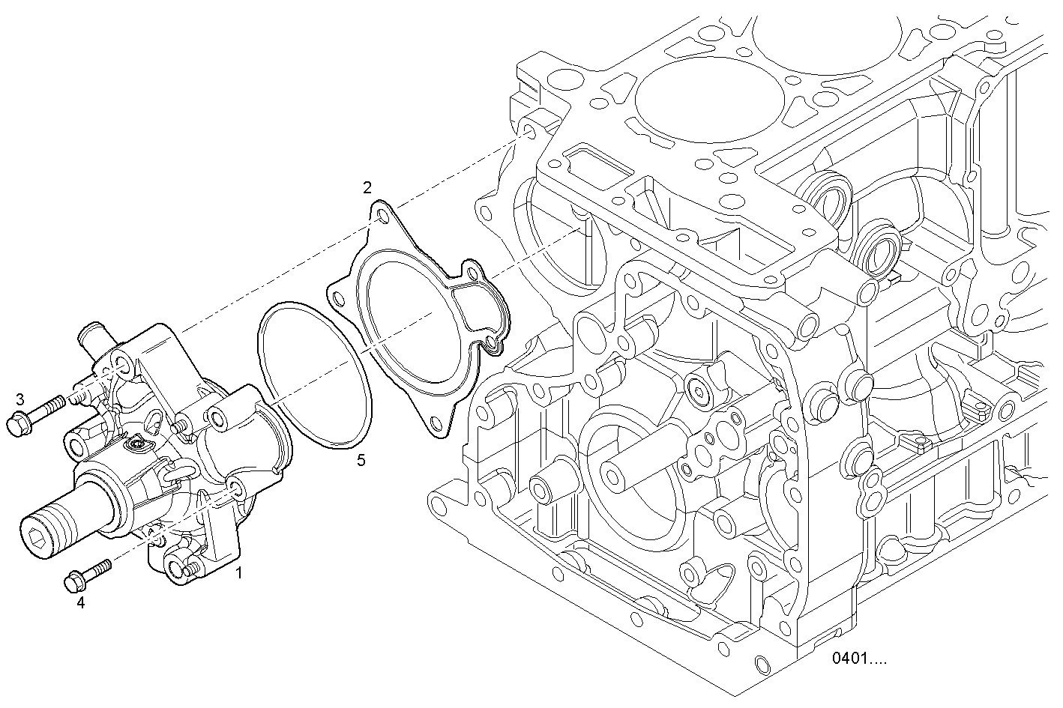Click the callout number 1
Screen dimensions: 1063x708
point(239,573)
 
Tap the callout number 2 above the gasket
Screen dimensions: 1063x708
point(367,188)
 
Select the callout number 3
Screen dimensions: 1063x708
point(20,399)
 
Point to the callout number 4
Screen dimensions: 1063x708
point(81,602)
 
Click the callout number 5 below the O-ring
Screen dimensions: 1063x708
point(361,460)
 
